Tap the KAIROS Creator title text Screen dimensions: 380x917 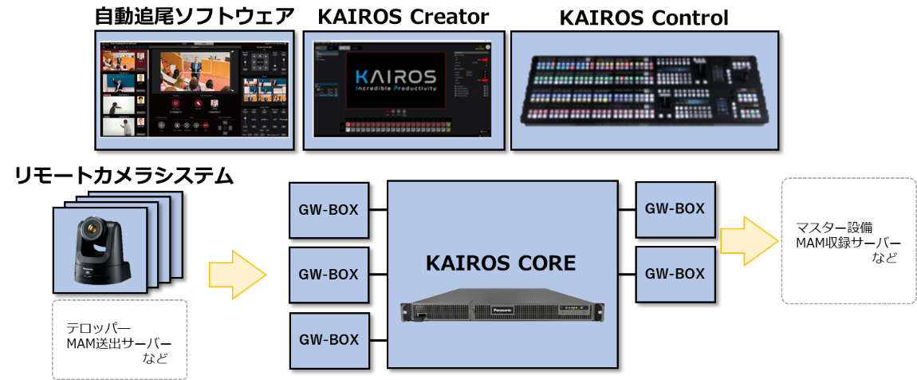point(403,15)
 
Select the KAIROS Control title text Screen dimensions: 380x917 point(643,17)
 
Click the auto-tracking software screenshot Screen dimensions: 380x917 point(194,90)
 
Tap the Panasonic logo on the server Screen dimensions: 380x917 point(505,303)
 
